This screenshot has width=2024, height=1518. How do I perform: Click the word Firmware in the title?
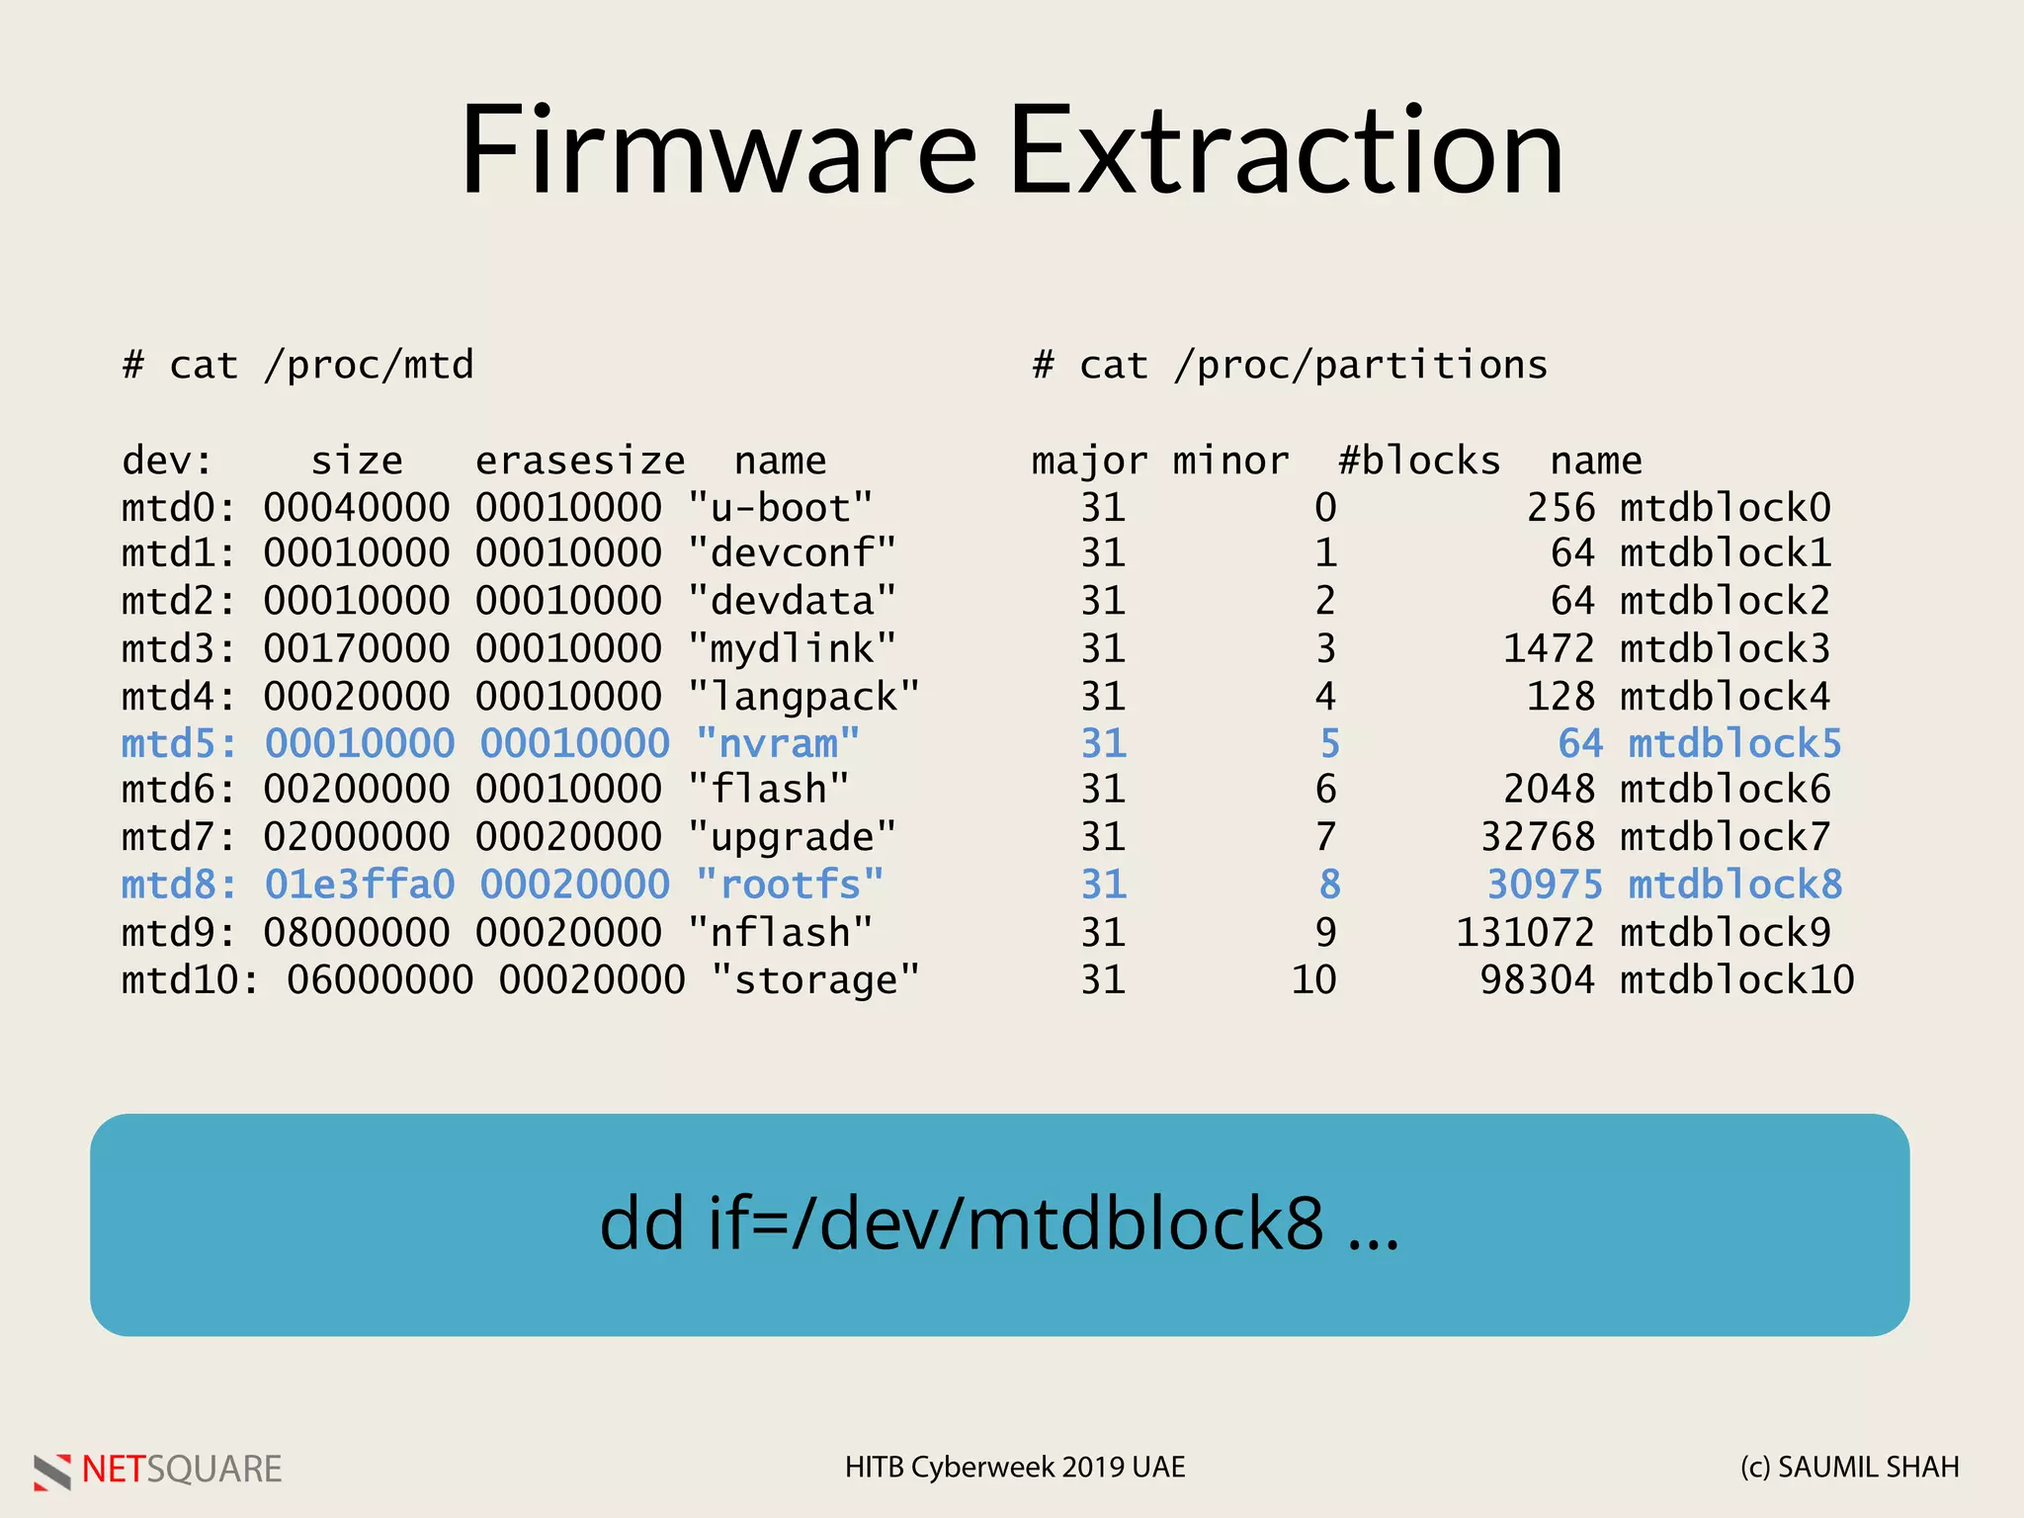[x=719, y=150]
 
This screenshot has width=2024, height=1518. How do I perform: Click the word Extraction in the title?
[x=1287, y=150]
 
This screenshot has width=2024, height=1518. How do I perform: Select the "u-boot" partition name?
[x=781, y=508]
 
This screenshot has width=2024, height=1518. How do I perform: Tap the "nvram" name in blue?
[x=778, y=743]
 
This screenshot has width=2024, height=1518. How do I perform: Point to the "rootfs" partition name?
[x=790, y=885]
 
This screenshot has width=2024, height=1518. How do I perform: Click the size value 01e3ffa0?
[x=360, y=885]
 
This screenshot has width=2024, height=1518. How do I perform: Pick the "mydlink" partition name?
[x=793, y=649]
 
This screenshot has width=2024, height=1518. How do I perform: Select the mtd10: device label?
[x=190, y=980]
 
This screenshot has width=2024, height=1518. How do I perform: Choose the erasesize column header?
[x=580, y=461]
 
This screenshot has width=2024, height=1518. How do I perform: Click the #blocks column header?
[x=1419, y=461]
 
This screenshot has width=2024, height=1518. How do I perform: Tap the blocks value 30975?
[x=1545, y=885]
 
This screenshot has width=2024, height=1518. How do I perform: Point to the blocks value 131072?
[x=1526, y=932]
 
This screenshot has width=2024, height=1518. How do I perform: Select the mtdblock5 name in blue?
[x=1734, y=743]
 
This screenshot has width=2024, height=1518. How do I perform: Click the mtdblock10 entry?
[x=1736, y=980]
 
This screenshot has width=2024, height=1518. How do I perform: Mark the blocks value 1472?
[x=1549, y=649]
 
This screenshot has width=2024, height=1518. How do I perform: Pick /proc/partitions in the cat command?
[x=1361, y=366]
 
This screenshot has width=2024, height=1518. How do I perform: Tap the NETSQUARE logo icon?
[x=52, y=1471]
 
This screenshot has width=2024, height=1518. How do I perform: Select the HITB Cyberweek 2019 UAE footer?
[x=1015, y=1468]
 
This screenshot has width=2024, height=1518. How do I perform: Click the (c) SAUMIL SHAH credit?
[x=1849, y=1468]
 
